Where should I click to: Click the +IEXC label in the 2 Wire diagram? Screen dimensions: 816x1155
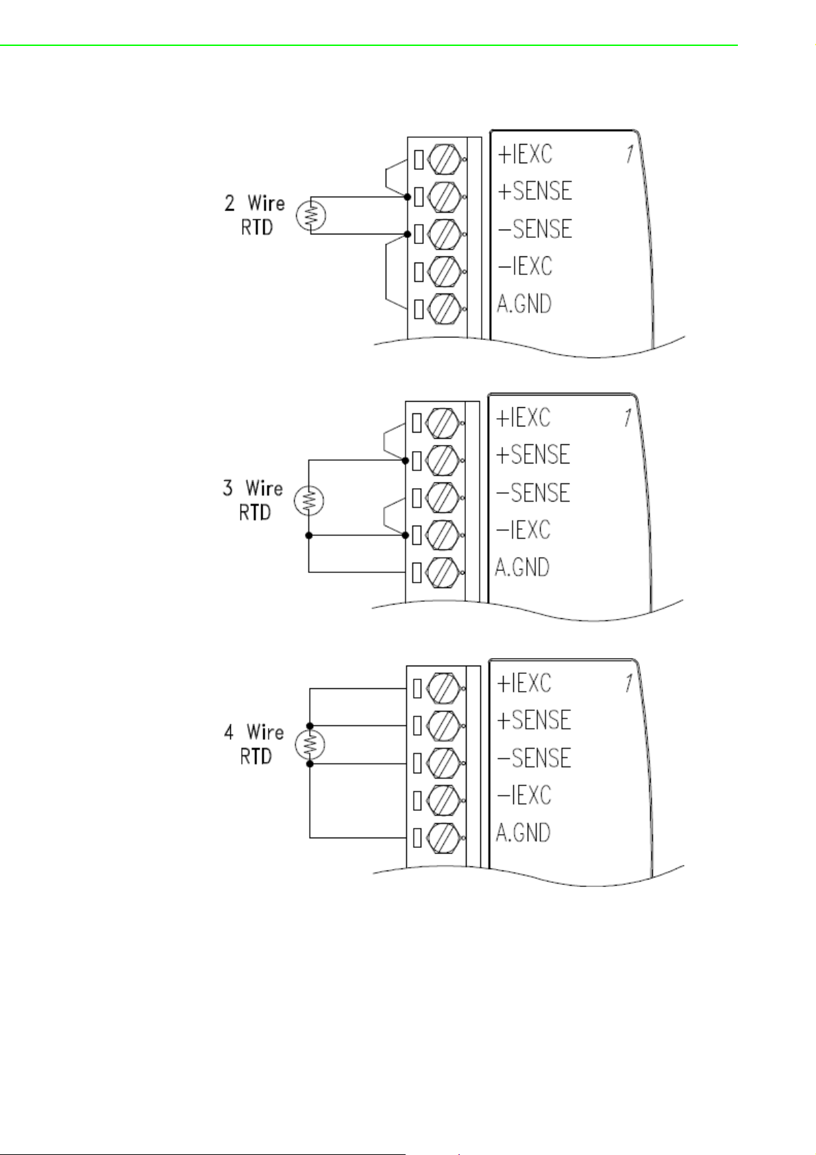[525, 154]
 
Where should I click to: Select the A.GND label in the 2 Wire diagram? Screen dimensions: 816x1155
[523, 304]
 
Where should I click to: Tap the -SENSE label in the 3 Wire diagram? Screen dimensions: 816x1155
[532, 492]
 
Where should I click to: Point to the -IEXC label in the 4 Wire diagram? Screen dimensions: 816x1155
[523, 794]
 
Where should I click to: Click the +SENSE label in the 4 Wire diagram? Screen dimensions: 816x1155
[534, 720]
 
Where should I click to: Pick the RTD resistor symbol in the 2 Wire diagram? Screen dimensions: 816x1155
[311, 215]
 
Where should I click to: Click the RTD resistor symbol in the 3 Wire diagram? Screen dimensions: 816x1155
[309, 500]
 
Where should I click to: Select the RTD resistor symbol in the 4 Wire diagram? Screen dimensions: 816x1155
[310, 744]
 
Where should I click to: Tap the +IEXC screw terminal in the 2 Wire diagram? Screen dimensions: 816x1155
[444, 159]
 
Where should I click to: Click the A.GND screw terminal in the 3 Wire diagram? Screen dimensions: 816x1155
[442, 572]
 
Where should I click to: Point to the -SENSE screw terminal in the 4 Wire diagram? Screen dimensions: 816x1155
[443, 763]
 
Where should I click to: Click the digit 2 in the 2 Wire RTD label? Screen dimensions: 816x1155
[230, 203]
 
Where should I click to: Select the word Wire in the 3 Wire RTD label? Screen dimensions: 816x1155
[264, 488]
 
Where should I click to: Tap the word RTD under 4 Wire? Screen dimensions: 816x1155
[256, 757]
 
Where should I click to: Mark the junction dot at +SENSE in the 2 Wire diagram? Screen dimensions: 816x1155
[407, 197]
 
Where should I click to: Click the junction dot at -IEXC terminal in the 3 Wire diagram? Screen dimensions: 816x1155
[405, 535]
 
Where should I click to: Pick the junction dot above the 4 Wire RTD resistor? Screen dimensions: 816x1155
[310, 726]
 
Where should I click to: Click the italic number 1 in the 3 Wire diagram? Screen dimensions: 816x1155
[628, 417]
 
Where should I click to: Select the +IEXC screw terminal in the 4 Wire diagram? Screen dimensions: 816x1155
[443, 688]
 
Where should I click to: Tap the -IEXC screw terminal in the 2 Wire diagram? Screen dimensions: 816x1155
[444, 271]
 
